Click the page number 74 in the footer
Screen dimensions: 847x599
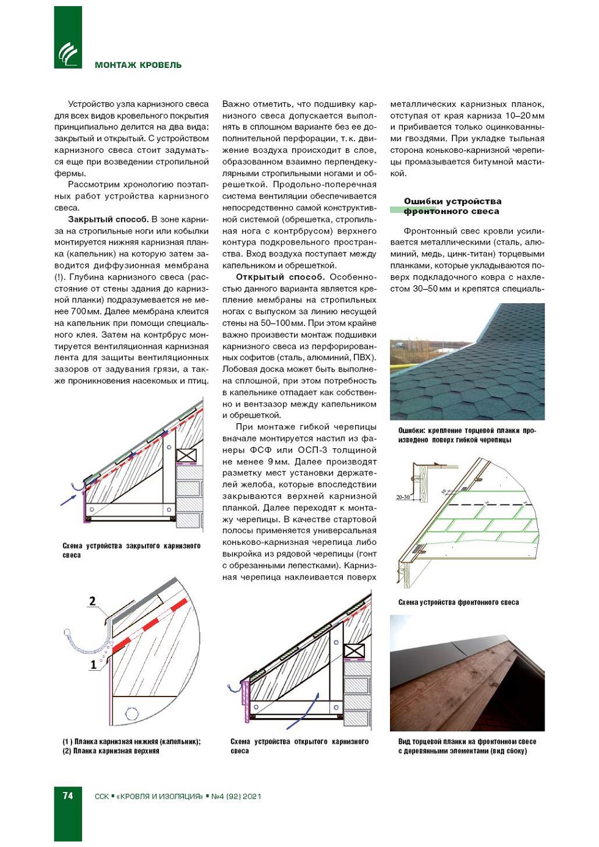tap(68, 796)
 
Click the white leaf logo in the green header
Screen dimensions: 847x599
tap(68, 54)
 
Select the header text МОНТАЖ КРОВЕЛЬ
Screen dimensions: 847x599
tap(138, 65)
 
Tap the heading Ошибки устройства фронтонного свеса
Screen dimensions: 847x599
tap(452, 206)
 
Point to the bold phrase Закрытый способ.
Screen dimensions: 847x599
tap(108, 219)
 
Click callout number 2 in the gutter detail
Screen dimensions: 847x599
tap(92, 601)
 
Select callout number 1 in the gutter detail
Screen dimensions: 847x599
tap(93, 664)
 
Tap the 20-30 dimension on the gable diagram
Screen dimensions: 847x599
tap(403, 497)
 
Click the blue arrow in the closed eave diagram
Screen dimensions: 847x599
tap(68, 499)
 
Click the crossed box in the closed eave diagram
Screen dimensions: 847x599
tap(186, 455)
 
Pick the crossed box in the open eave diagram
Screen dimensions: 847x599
tap(354, 651)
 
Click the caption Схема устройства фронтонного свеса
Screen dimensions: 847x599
tap(458, 602)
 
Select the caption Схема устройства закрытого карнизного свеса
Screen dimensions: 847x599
tap(131, 550)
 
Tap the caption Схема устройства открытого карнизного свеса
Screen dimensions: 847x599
tap(299, 745)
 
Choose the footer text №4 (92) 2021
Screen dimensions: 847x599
tap(236, 796)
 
